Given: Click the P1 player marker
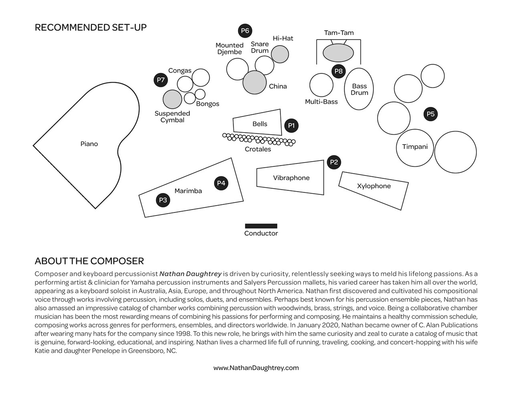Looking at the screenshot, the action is pos(291,125).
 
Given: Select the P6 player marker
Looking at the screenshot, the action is pos(245,31).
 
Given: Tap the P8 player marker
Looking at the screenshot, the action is pos(339,71).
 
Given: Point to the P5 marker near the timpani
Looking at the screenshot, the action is pos(430,114).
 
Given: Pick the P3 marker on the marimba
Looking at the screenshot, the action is pos(163,200).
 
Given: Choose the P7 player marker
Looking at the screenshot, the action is pos(161,80).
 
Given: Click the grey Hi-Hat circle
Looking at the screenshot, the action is pos(280,54).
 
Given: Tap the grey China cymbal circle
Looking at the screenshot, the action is pos(254,82).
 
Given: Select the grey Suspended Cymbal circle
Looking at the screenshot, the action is pos(172,99).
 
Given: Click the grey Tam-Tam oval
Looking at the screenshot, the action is pos(338,53).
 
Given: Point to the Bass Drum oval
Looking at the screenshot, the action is pos(359,89).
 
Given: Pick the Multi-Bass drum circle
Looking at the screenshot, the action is pos(321,85).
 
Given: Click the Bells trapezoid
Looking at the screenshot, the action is pos(257,122).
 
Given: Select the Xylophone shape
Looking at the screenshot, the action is pos(374,191).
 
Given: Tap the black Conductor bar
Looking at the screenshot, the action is pos(261,226).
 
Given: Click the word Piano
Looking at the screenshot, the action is pos(89,144).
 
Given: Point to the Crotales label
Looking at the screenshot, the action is pos(258,149).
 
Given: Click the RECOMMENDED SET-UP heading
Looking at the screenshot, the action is pos(91,27).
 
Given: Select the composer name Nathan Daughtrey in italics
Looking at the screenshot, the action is pos(190,274).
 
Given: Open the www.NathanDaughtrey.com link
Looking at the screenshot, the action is pos(256,368).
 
